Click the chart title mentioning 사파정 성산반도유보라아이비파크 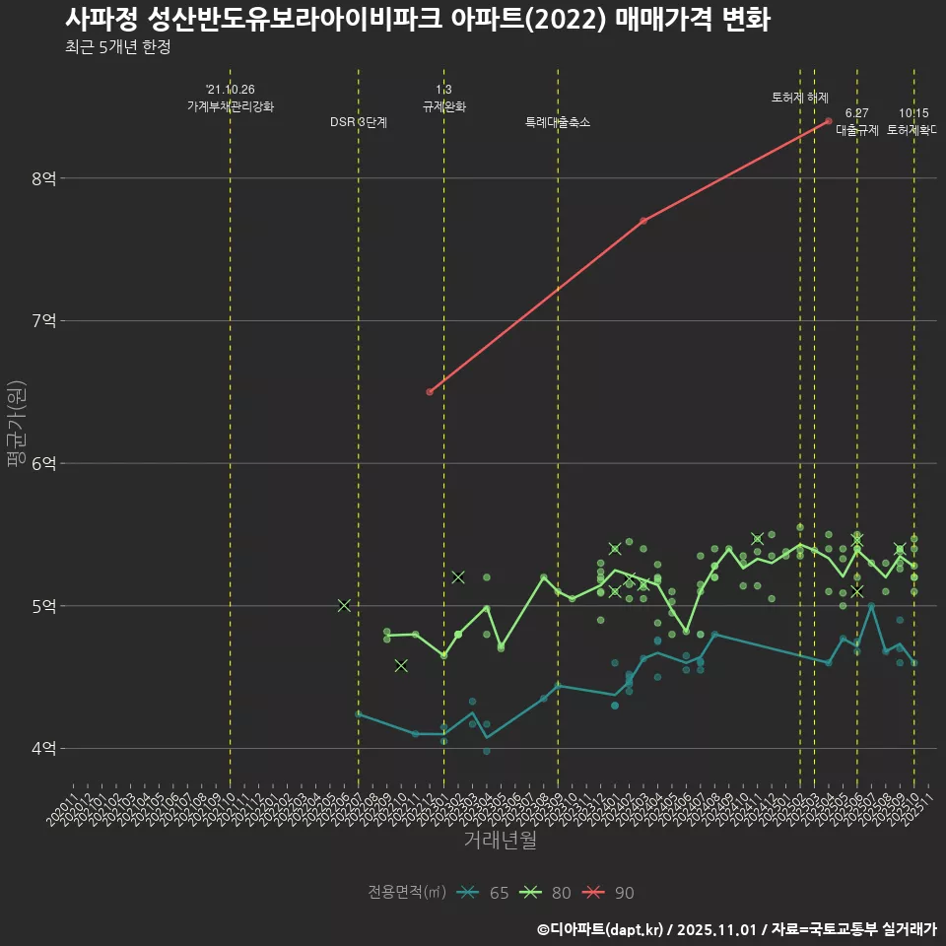coord(418,20)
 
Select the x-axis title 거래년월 coord(500,841)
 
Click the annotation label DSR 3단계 coord(359,122)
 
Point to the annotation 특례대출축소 coord(558,122)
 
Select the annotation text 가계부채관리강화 coord(231,105)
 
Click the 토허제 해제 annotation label coord(800,98)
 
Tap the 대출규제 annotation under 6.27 coord(857,129)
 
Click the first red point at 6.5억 coord(430,392)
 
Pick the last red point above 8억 coord(829,121)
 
